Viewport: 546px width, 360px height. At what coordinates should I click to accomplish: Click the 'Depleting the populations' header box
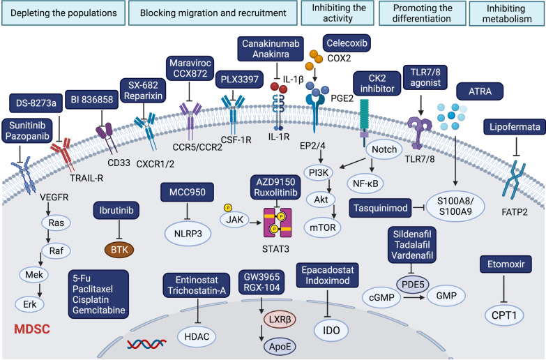click(x=63, y=13)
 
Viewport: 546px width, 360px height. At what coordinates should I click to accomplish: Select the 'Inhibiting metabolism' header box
click(x=507, y=13)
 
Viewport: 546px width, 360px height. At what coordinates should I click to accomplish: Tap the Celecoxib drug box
click(x=347, y=43)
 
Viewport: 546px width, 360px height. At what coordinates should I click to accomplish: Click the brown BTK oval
click(x=119, y=250)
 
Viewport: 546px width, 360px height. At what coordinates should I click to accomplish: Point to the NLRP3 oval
click(x=188, y=234)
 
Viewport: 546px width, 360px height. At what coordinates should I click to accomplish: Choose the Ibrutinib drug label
click(x=116, y=210)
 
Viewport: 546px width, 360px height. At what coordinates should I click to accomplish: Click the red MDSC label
click(x=32, y=329)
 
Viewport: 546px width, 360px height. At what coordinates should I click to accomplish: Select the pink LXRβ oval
click(x=280, y=320)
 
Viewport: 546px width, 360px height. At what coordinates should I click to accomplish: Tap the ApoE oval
click(x=280, y=347)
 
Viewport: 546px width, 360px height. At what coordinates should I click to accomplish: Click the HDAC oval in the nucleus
click(x=197, y=336)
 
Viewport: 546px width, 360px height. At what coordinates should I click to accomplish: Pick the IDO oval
click(x=331, y=330)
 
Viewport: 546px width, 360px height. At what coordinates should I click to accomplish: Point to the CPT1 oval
click(x=504, y=315)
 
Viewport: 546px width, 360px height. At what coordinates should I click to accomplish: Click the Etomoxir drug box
click(x=506, y=264)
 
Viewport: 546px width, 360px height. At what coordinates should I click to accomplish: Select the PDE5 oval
click(x=413, y=285)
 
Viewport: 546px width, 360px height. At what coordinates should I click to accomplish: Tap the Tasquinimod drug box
click(x=381, y=208)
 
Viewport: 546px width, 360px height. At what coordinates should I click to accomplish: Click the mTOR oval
click(x=323, y=227)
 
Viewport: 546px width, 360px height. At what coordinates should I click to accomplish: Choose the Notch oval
click(x=384, y=149)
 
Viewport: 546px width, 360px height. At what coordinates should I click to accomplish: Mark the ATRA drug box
click(x=480, y=91)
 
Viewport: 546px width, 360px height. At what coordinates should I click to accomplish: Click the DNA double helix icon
click(x=146, y=345)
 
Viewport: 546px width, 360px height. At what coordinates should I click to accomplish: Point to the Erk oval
click(x=30, y=304)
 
